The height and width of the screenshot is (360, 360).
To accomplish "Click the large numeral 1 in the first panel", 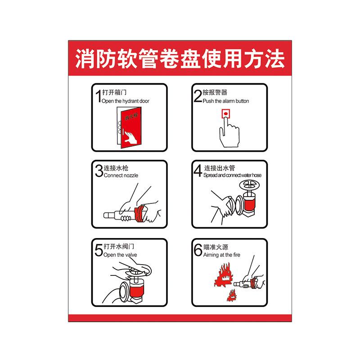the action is (x=99, y=96).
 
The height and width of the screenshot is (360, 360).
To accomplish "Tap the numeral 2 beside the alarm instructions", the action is (x=198, y=96).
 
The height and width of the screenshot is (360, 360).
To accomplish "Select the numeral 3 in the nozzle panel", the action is (x=99, y=171).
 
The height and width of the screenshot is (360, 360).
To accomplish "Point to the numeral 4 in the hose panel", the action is (x=198, y=171).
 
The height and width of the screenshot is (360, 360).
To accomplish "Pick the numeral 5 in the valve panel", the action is (x=99, y=250).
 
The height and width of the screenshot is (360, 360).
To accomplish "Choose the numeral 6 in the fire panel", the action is (x=198, y=250).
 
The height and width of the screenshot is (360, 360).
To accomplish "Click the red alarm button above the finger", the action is (x=226, y=114).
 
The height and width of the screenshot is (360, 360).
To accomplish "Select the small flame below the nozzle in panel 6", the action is (x=232, y=296).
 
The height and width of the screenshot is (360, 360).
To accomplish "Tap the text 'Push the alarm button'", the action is (x=226, y=101).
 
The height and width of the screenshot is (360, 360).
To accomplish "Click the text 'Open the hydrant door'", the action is (x=126, y=101).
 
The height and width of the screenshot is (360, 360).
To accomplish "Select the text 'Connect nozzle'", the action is (x=121, y=175).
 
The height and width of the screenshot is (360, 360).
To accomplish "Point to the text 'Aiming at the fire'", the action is (x=222, y=255).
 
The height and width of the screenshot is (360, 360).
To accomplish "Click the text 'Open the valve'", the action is (x=120, y=255).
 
